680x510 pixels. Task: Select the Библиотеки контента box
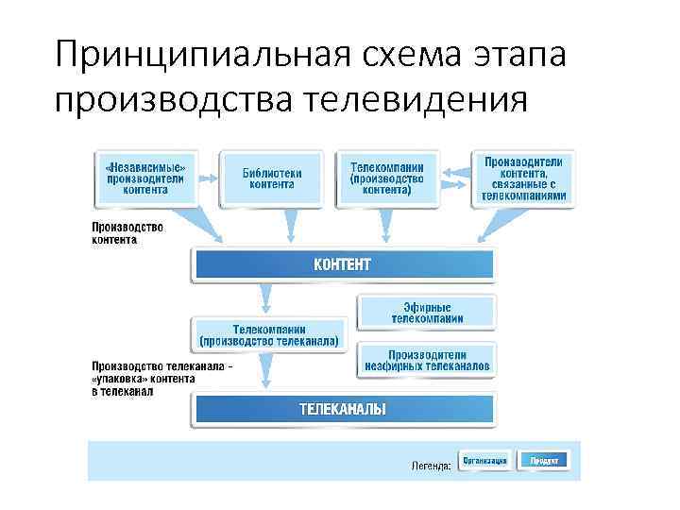[272, 178]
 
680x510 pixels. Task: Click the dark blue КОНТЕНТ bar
[342, 263]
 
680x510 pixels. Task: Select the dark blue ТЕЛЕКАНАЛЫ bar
[342, 409]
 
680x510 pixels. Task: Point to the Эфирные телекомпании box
[427, 313]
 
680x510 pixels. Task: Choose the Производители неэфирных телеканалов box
[427, 358]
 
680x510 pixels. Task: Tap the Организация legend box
[485, 460]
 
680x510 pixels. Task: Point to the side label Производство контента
[127, 233]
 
